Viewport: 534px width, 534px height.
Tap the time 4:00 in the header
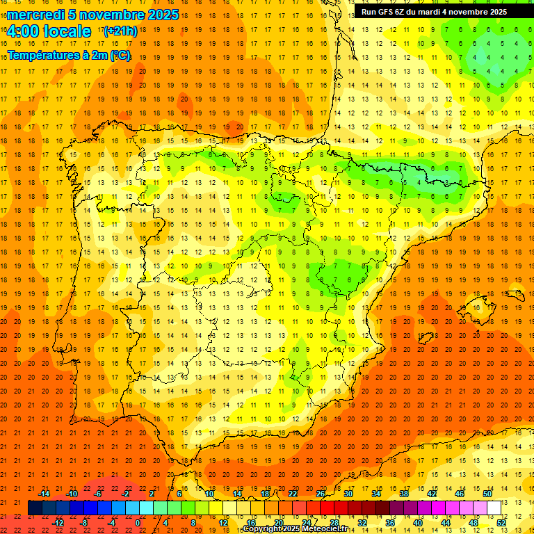point(24,31)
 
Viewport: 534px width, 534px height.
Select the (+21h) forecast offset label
point(120,31)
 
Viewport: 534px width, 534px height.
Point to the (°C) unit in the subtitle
point(120,55)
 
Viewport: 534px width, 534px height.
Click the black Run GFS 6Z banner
point(434,12)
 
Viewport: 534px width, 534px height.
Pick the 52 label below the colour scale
point(501,522)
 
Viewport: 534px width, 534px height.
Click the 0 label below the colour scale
point(138,522)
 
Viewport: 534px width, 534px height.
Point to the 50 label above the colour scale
point(487,494)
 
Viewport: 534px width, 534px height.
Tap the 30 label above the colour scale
point(348,494)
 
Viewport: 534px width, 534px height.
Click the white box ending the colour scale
point(494,508)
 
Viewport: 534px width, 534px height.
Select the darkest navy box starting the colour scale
point(35,508)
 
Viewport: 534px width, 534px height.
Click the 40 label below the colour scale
point(417,522)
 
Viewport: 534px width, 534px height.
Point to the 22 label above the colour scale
point(293,494)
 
